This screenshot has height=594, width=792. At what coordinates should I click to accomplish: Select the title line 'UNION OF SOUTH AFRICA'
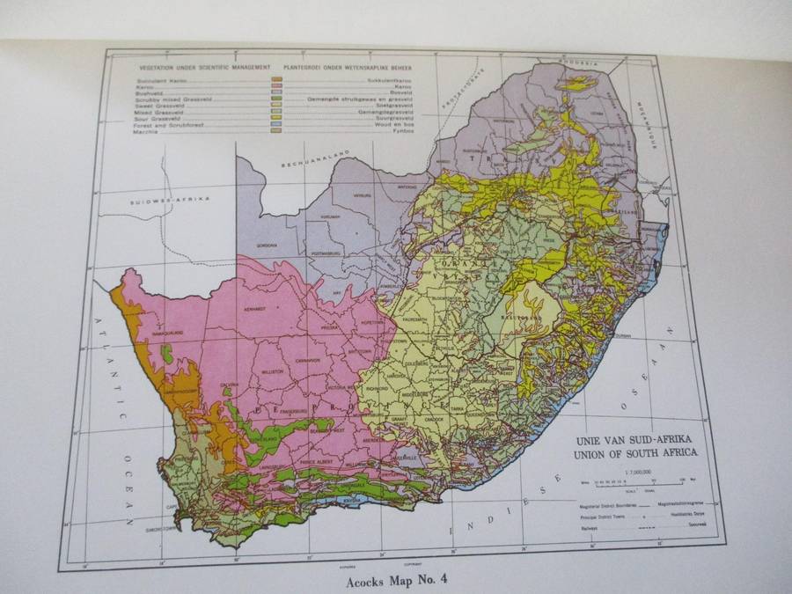[x=634, y=454]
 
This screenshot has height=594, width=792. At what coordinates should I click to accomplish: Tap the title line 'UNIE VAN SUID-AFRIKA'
[x=634, y=439]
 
